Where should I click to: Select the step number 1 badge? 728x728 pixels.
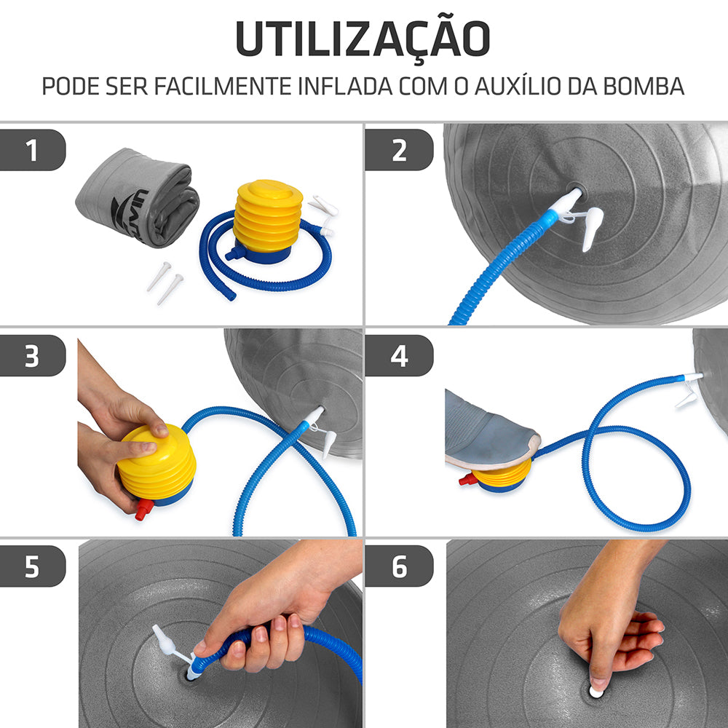pyautogui.click(x=33, y=150)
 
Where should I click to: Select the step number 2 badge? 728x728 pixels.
pyautogui.click(x=399, y=150)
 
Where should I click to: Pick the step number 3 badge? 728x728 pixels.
pyautogui.click(x=33, y=356)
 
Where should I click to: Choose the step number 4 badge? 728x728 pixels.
pyautogui.click(x=399, y=356)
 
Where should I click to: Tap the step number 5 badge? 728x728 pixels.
pyautogui.click(x=33, y=566)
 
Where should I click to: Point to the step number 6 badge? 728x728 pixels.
pyautogui.click(x=399, y=566)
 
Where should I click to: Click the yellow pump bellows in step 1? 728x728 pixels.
pyautogui.click(x=268, y=215)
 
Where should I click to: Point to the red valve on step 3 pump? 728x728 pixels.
pyautogui.click(x=143, y=509)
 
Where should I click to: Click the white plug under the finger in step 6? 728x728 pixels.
pyautogui.click(x=597, y=691)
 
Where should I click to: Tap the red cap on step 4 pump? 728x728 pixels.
pyautogui.click(x=464, y=479)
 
